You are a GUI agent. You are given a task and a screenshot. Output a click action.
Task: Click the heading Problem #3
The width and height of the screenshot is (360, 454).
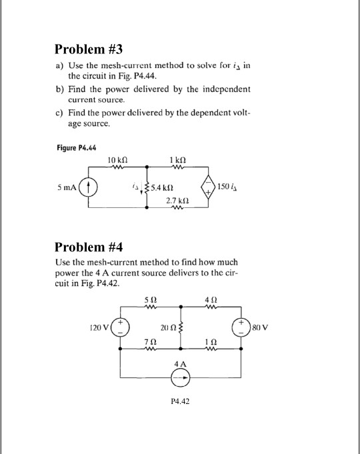pos(89,49)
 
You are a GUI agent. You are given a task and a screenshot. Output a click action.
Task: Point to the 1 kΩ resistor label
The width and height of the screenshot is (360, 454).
pos(177,160)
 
